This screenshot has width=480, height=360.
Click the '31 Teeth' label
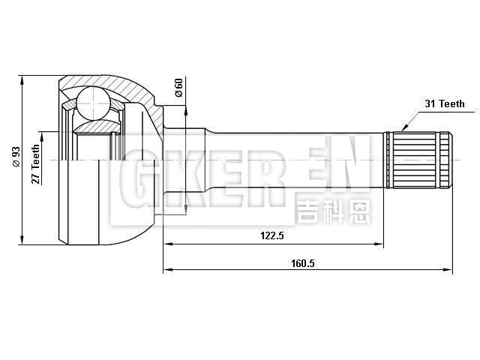[x=442, y=103]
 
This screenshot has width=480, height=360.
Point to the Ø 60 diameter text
[x=178, y=88]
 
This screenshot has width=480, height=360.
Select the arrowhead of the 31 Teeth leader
[x=403, y=130]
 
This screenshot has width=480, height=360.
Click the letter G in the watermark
[x=138, y=181]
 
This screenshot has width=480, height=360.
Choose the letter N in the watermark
[x=349, y=175]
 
